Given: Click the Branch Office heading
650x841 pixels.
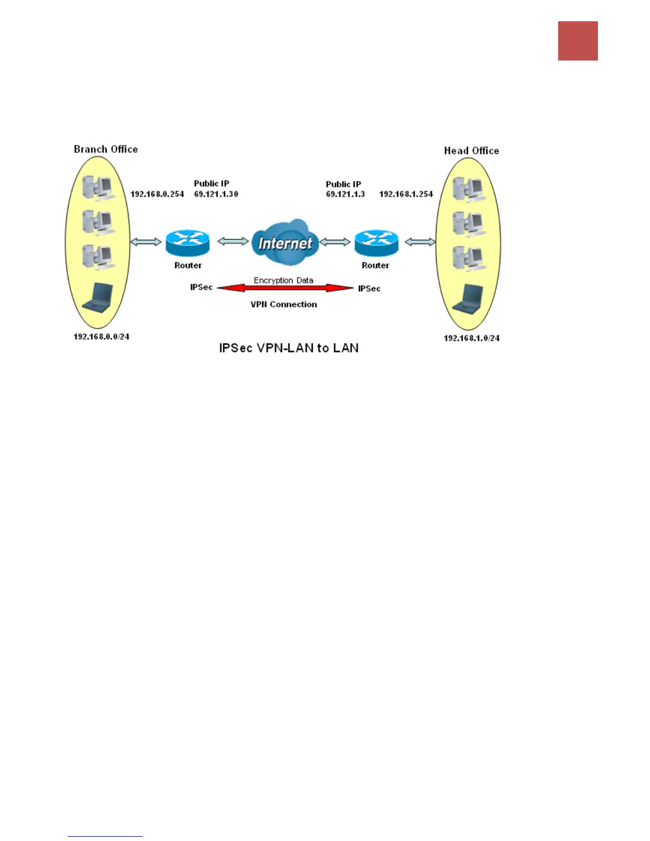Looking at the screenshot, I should (x=106, y=149).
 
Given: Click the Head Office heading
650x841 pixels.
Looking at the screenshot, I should (x=471, y=151).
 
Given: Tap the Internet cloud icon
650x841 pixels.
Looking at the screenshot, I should (x=285, y=242).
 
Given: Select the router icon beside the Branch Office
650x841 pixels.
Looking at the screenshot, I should (x=187, y=243).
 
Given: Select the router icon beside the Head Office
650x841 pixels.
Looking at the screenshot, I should (x=376, y=243).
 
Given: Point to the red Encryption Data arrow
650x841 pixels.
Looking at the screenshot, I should (x=285, y=288).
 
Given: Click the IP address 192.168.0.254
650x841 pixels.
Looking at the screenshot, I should (x=157, y=194).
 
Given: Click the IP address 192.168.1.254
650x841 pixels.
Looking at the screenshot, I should (x=406, y=194).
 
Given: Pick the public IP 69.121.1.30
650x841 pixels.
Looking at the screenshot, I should (x=216, y=194).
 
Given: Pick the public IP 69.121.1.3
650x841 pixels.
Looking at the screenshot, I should (x=345, y=194).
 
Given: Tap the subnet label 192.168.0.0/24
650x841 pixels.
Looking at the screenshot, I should (x=101, y=337).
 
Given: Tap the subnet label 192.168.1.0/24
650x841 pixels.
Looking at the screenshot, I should (x=472, y=338).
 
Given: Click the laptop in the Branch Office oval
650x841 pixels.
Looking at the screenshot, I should (x=99, y=298).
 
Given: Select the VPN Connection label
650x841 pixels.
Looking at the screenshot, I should (x=284, y=304).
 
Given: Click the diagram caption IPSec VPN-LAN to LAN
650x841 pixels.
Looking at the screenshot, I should (x=289, y=348).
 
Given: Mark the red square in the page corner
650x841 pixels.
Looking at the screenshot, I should (x=578, y=41).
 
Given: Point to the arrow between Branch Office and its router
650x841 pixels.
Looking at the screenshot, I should (x=146, y=242).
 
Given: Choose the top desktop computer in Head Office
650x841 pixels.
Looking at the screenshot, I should (x=469, y=188).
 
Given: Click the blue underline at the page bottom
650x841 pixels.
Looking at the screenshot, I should (x=105, y=836).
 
